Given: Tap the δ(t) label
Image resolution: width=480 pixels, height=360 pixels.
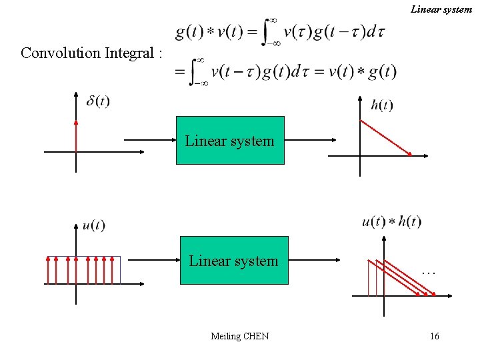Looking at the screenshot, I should click(x=99, y=101).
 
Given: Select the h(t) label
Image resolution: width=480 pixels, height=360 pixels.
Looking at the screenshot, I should click(x=382, y=105).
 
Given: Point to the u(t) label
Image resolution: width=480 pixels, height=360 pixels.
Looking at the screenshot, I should click(x=93, y=225).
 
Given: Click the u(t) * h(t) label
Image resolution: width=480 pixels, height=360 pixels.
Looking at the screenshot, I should click(x=391, y=222).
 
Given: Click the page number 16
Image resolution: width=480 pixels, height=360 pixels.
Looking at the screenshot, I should click(x=435, y=336).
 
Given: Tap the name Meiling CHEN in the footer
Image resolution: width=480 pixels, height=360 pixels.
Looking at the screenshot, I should click(x=240, y=336).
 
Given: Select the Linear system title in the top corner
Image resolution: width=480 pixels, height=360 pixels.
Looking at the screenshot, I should click(x=441, y=9).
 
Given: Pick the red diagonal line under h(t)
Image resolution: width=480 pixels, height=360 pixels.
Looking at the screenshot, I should click(x=386, y=139).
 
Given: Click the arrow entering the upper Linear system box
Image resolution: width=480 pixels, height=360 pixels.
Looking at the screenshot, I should click(x=149, y=140).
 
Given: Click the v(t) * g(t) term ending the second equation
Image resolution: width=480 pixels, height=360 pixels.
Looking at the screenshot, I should click(x=364, y=71).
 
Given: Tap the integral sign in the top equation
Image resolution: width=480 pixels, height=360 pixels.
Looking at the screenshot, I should click(x=269, y=31).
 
